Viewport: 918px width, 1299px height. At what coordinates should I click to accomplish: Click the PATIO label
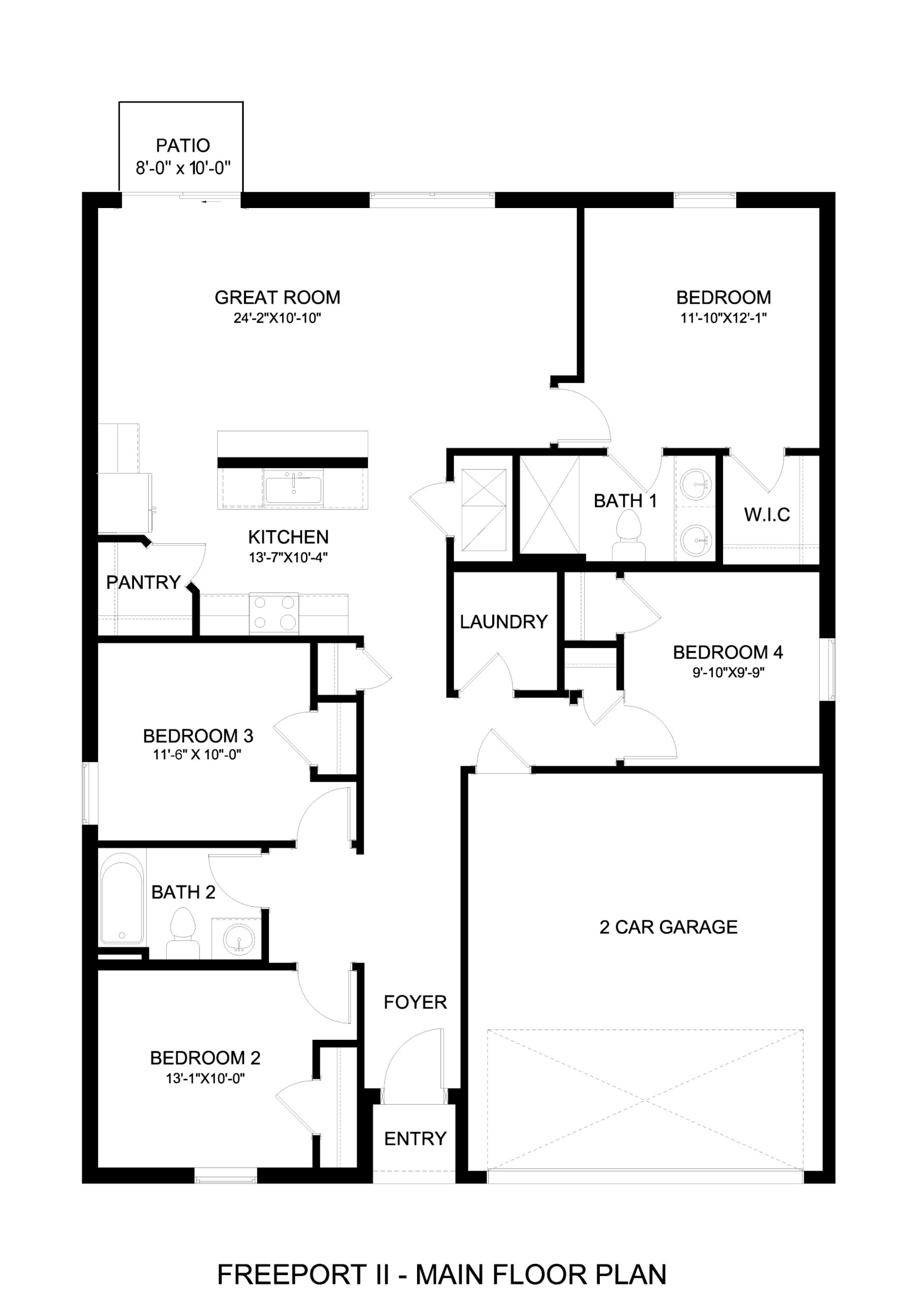tap(183, 146)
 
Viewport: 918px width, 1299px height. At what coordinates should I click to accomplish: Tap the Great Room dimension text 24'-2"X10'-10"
tap(277, 318)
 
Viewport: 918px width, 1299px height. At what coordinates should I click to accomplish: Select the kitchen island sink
tap(294, 490)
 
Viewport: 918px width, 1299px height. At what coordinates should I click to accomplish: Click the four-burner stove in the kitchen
tap(274, 614)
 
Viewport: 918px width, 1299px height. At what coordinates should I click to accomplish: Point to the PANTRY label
tap(143, 582)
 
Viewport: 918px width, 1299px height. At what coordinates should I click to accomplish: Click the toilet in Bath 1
tap(629, 535)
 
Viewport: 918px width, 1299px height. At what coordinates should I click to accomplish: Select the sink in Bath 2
tap(239, 939)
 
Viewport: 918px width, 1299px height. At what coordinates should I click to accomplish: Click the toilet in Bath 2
tap(182, 933)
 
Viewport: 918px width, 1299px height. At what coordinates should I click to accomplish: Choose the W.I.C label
tap(767, 515)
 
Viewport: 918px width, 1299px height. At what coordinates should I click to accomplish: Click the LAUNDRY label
tap(504, 622)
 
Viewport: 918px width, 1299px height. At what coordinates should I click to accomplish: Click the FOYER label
tap(416, 1003)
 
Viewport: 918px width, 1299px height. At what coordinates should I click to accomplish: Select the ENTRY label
tap(416, 1139)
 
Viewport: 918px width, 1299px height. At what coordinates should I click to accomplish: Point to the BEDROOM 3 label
tap(198, 736)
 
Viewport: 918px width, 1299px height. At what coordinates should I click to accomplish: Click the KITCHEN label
tap(289, 537)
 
